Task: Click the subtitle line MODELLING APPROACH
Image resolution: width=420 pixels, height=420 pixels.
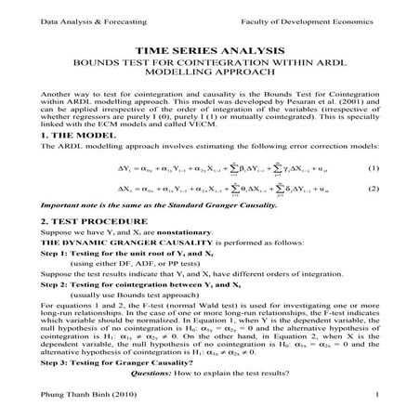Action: [x=209, y=81]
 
